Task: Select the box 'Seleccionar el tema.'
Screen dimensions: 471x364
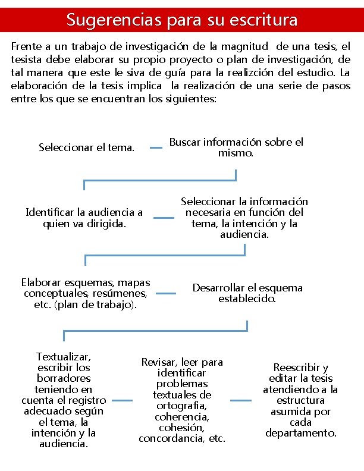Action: click(86, 147)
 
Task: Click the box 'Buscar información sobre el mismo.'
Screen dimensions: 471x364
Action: click(236, 147)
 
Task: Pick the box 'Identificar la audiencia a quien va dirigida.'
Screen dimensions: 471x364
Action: click(84, 218)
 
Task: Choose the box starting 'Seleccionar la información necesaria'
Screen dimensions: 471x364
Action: click(244, 218)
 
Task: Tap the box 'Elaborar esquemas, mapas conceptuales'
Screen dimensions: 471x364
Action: click(86, 293)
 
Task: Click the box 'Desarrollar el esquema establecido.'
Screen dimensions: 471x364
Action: click(247, 293)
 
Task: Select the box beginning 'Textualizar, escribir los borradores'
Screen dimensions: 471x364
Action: click(64, 400)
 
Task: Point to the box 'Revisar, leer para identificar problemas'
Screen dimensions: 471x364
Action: click(182, 400)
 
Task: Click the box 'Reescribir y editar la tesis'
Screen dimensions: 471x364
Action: click(300, 400)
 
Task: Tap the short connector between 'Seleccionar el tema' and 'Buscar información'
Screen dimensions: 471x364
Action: click(156, 147)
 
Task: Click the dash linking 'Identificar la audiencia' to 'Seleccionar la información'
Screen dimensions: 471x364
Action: click(164, 218)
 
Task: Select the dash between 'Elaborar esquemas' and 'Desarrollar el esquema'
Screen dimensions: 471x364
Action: click(166, 293)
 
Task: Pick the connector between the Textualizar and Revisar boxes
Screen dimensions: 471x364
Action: click(122, 400)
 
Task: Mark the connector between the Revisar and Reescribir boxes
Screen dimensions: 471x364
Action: click(241, 400)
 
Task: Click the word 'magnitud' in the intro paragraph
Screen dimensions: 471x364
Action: click(241, 46)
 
